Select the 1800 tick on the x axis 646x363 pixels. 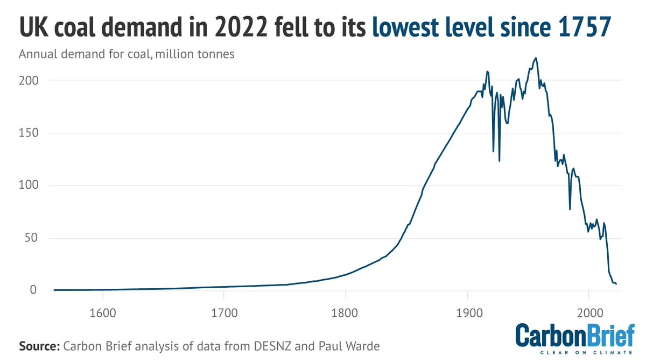click(346, 312)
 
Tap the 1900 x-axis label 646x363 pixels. click(467, 312)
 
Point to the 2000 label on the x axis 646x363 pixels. click(589, 312)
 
